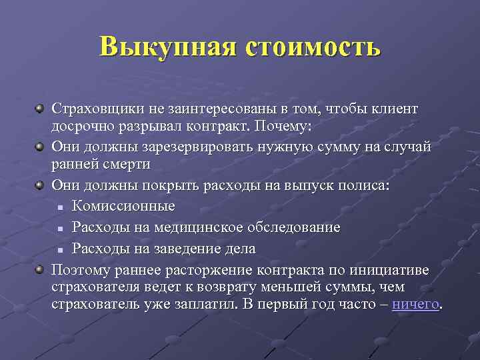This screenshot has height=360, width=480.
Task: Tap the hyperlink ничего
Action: tap(416, 305)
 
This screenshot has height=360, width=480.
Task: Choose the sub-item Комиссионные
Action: tap(123, 206)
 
